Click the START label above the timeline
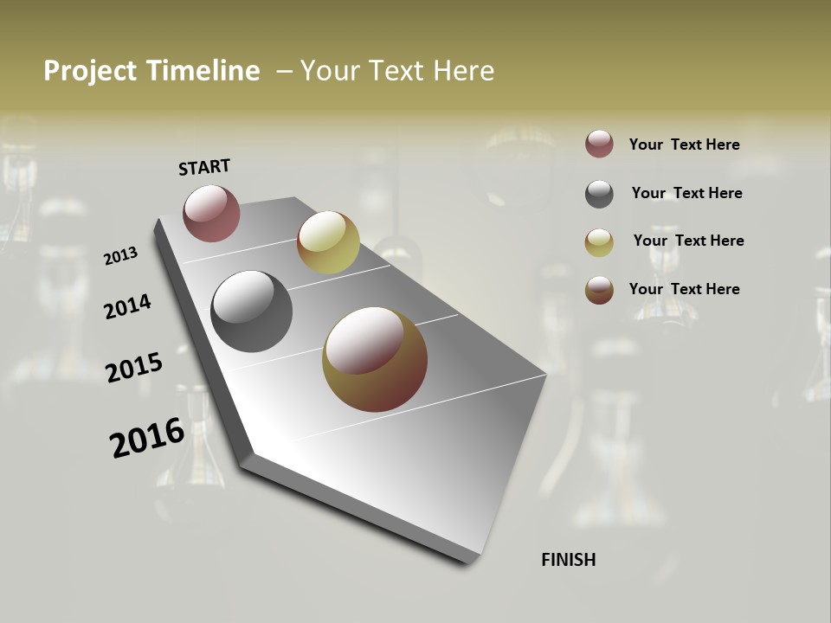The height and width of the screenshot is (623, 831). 204,167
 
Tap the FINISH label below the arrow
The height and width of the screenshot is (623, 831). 568,560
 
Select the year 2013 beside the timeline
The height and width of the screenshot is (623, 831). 120,256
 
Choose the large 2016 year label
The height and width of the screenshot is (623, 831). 147,438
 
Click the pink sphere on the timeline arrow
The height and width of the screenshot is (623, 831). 211,213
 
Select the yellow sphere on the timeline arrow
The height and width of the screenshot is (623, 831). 328,242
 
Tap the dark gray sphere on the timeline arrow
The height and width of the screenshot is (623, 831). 251,311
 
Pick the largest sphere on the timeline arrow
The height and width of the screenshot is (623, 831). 375,359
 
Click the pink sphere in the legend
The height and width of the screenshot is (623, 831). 599,145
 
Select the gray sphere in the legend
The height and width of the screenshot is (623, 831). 599,194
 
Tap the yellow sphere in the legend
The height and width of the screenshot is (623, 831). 599,242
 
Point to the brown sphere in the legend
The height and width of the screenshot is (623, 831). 599,290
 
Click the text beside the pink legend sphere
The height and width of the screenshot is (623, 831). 684,145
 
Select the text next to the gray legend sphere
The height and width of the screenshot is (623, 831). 686,193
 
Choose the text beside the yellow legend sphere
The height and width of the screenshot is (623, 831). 688,241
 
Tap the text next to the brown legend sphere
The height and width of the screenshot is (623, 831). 684,289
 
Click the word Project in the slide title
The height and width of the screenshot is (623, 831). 90,71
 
